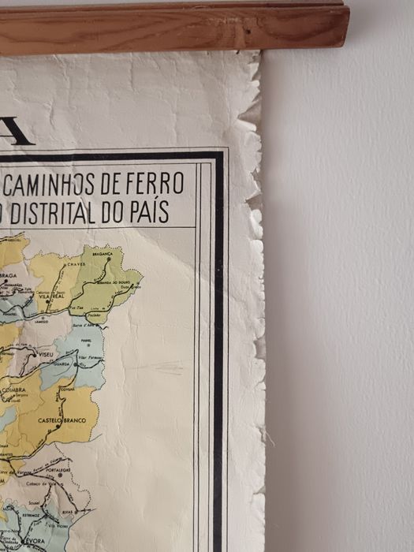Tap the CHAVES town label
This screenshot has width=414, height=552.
coord(76,266)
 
